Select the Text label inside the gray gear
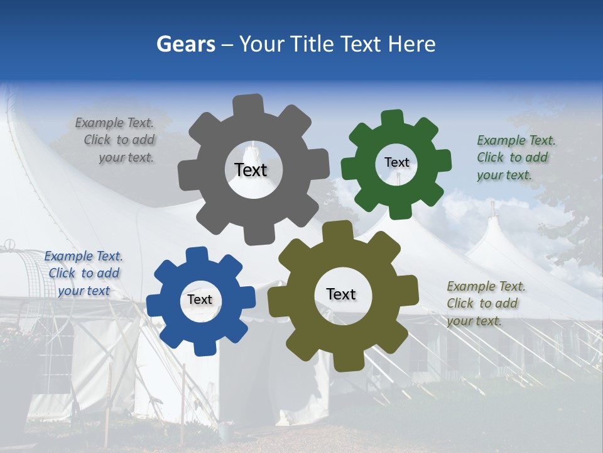251,170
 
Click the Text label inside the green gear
396,162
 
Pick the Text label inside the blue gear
200,299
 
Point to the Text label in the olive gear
341,294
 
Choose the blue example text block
84,273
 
